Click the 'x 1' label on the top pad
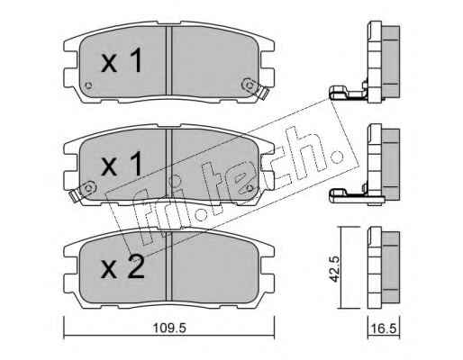pyautogui.click(x=122, y=61)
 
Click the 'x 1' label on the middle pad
pyautogui.click(x=122, y=164)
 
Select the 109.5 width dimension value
pyautogui.click(x=169, y=328)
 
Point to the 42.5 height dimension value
pyautogui.click(x=334, y=269)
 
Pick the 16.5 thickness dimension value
pyautogui.click(x=386, y=328)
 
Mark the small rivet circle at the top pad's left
pyautogui.click(x=88, y=85)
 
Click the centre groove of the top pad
pyautogui.click(x=168, y=61)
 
